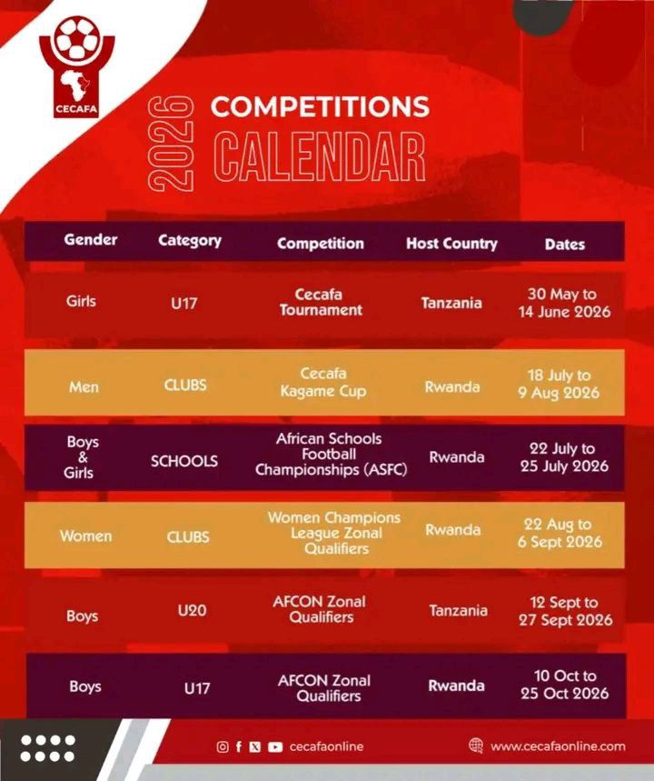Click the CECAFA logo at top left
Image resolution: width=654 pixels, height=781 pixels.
pos(76,68)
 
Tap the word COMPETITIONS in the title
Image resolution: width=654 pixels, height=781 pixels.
pos(320,106)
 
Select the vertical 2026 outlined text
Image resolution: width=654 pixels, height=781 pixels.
pos(171,144)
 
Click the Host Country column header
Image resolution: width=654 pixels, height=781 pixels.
pos(451,243)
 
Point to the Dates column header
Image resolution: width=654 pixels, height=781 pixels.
pos(564,244)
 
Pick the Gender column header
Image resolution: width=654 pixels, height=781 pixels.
pos(91,240)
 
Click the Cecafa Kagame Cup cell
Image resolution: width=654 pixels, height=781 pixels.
pos(323,382)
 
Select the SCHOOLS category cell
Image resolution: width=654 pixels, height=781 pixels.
pos(184,461)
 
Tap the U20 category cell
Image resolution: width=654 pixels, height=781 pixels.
pos(192,610)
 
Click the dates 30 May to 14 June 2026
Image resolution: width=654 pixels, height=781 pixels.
pos(564,303)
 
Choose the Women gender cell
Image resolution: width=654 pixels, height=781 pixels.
pos(85,536)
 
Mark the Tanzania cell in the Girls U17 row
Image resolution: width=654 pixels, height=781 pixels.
pos(451,303)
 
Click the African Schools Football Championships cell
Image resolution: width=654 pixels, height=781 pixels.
pos(331,455)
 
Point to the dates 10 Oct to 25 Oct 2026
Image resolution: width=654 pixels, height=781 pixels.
pos(564,685)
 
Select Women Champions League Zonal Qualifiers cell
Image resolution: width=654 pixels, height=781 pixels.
pos(334,533)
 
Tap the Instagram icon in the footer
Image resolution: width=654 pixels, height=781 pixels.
pos(223,746)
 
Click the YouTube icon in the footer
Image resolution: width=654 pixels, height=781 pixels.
pos(275,747)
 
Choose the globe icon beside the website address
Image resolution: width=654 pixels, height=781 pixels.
pos(476,746)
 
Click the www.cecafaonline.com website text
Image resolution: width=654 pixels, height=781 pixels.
pos(558,746)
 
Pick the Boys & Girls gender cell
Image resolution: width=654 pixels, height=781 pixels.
pos(82,456)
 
